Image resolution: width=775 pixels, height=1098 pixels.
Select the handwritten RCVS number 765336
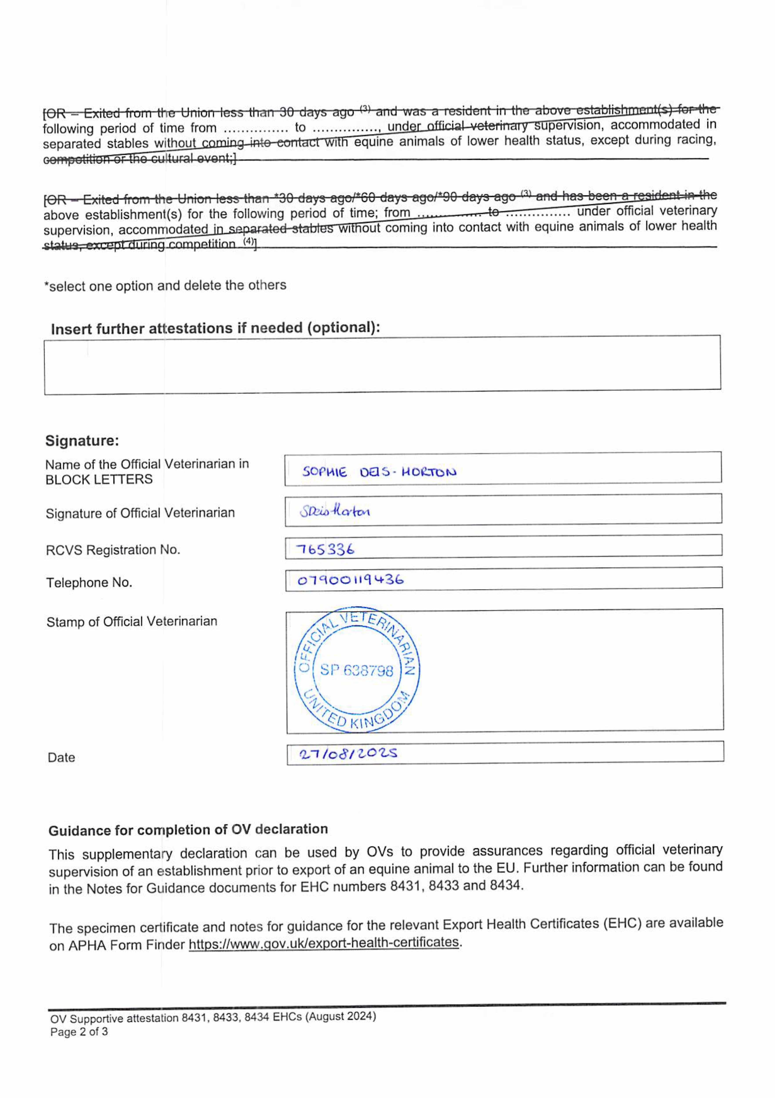[x=325, y=549]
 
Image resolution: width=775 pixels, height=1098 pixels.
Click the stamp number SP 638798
[x=356, y=670]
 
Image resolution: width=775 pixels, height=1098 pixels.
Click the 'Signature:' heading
[x=82, y=441]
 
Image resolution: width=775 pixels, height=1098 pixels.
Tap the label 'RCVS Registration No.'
[x=113, y=550]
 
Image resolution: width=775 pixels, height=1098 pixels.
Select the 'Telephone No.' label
[x=89, y=582]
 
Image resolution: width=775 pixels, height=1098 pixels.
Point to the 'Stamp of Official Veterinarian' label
[x=132, y=622]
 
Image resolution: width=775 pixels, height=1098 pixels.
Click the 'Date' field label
[x=61, y=757]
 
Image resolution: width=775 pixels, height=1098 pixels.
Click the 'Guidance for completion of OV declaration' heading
[x=188, y=830]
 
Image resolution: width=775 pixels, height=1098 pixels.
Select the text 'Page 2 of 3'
[x=79, y=1032]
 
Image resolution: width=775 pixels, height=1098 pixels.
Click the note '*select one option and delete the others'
[x=165, y=285]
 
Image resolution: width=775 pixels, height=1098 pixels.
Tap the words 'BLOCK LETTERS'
[x=99, y=479]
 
